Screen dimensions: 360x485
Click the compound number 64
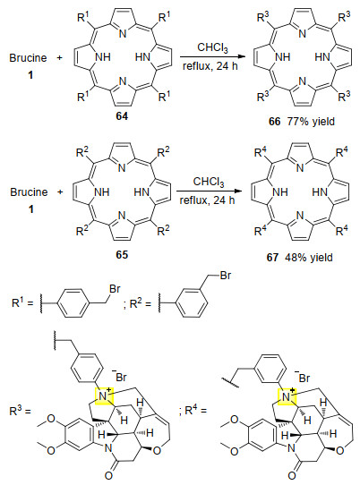tap(122, 116)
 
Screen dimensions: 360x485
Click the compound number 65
tap(122, 254)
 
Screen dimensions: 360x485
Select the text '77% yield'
tap(311, 122)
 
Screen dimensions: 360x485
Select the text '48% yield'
tap(309, 258)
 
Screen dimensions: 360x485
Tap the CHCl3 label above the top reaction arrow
tap(212, 48)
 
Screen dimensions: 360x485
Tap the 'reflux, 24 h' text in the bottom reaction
tap(207, 200)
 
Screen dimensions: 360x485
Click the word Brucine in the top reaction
tap(28, 58)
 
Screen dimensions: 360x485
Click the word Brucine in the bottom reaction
tap(29, 192)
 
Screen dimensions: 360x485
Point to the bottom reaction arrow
tap(209, 191)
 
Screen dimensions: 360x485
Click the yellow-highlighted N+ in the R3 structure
tap(104, 396)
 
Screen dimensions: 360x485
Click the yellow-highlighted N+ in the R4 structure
tap(287, 396)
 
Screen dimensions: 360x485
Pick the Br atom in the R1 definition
tap(115, 289)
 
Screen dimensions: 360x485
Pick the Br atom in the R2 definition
tap(226, 276)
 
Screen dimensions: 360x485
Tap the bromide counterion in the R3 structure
tap(120, 376)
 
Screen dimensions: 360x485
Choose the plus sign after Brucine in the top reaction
tap(60, 58)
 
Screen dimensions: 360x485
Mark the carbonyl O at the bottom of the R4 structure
tap(292, 475)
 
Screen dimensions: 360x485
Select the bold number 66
tap(274, 122)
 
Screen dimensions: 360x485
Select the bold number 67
tap(272, 258)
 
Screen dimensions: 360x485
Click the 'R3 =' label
tap(21, 411)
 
